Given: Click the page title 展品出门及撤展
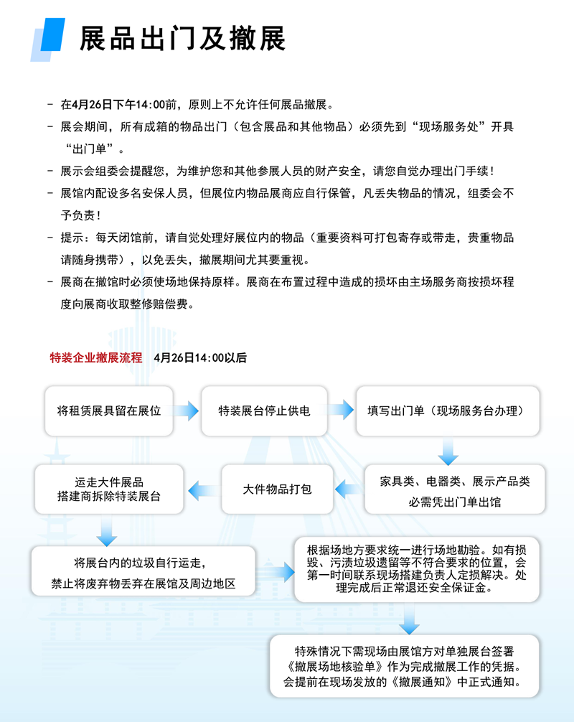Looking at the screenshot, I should click(x=182, y=39).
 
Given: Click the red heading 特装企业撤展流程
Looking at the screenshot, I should click(x=96, y=357).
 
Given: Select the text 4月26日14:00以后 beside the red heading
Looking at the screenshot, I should click(x=200, y=357).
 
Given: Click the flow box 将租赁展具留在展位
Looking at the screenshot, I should click(x=109, y=411).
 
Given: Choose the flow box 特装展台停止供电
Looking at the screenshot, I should click(x=264, y=411).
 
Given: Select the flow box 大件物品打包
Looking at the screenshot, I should click(x=277, y=489).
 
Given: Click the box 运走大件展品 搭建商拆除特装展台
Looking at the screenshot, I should click(x=109, y=489).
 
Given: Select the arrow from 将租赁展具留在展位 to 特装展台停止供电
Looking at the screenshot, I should click(x=187, y=411).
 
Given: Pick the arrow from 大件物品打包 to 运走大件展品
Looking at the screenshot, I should click(x=203, y=490).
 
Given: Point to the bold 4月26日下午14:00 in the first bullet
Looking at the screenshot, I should click(x=114, y=105).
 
